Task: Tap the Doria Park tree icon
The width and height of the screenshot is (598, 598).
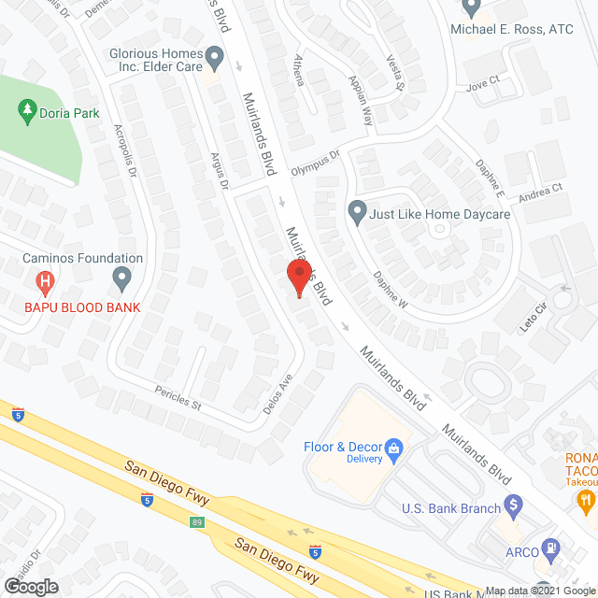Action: [25, 112]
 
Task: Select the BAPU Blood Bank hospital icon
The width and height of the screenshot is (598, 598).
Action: [43, 280]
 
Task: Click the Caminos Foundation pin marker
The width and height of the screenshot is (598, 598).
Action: [121, 277]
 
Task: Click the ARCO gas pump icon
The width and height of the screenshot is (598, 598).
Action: [553, 545]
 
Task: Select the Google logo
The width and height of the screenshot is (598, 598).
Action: [30, 586]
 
